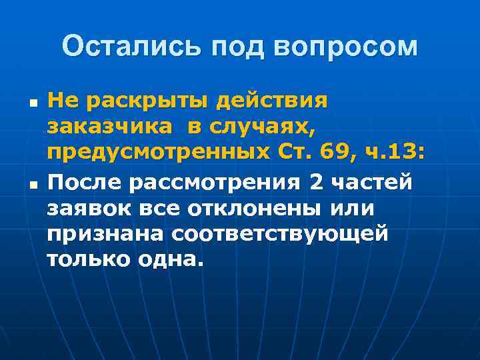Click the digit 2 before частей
pyautogui.click(x=316, y=181)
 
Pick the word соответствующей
pyautogui.click(x=281, y=233)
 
